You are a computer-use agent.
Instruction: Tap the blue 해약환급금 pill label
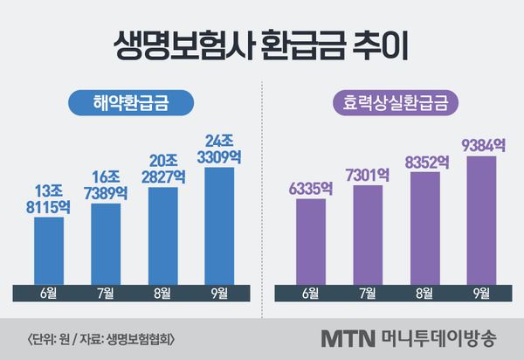[130, 102]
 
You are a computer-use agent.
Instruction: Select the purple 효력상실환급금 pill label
[391, 102]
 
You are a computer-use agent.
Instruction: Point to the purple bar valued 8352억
[424, 227]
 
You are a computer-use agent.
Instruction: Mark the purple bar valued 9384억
[481, 219]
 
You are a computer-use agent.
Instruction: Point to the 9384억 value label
[481, 144]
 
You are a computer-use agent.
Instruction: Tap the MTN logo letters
[348, 337]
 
